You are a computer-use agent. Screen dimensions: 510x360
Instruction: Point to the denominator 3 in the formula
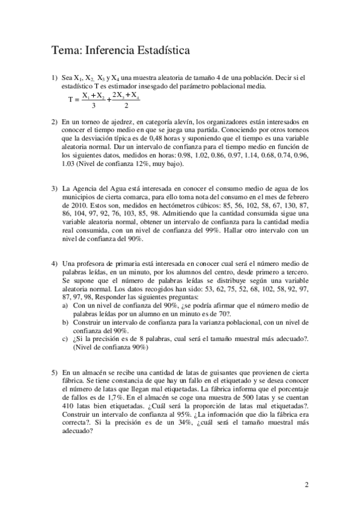[93, 107]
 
